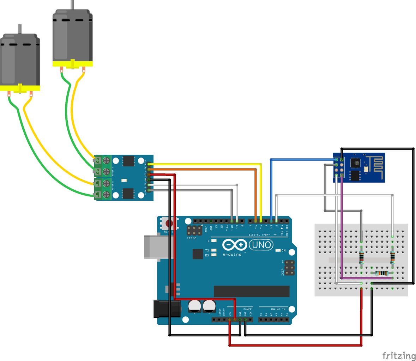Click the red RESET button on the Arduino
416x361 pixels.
[x=169, y=223]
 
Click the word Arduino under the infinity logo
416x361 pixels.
[x=232, y=254]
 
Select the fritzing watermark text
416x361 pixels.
[x=399, y=355]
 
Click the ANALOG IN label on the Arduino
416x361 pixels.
[x=278, y=310]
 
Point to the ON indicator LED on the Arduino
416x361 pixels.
[x=278, y=251]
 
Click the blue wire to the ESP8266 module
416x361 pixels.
[x=300, y=160]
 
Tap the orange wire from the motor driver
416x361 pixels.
[x=212, y=170]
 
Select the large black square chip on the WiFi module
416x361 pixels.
[x=355, y=163]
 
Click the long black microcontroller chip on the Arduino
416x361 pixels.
[x=252, y=291]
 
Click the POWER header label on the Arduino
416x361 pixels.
[x=248, y=310]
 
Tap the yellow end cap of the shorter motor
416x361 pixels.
[x=20, y=88]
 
